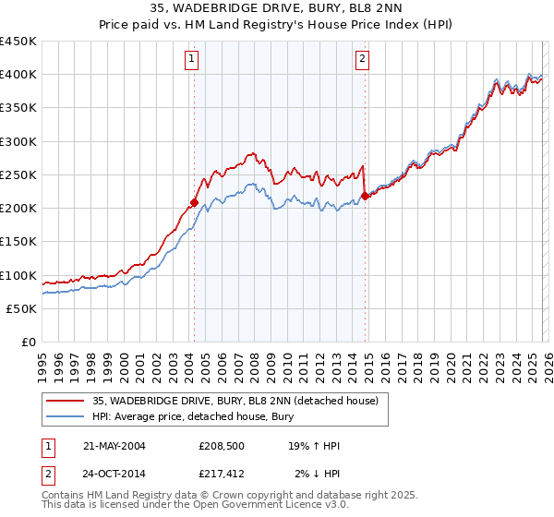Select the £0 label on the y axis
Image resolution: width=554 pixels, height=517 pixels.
tap(28, 343)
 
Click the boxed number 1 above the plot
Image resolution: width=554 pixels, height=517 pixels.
tap(191, 60)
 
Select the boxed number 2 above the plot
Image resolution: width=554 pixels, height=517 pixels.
tap(362, 60)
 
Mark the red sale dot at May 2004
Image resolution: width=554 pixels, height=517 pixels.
tap(195, 202)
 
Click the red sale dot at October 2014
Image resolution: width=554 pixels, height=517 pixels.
tap(365, 196)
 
